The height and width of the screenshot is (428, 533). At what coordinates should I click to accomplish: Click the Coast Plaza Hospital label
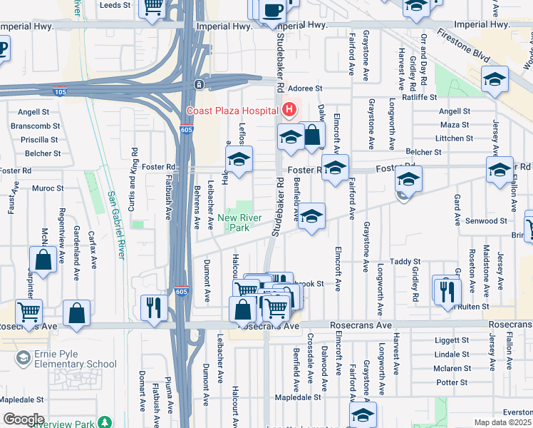coord(232,111)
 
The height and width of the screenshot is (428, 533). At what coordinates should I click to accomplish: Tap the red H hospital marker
coord(289,110)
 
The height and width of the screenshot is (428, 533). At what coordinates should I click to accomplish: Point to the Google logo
coord(24,419)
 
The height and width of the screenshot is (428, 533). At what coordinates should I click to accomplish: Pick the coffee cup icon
coord(273,10)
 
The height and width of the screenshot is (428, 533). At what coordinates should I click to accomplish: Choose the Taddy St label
coord(412,261)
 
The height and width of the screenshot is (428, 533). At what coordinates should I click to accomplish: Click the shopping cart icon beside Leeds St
coord(152,6)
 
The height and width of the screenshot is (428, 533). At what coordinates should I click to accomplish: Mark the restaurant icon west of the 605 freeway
coord(153,307)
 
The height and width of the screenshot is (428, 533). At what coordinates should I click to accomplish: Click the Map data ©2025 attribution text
coord(503,422)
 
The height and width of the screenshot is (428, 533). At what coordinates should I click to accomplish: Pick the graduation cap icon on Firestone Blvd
coord(494,80)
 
